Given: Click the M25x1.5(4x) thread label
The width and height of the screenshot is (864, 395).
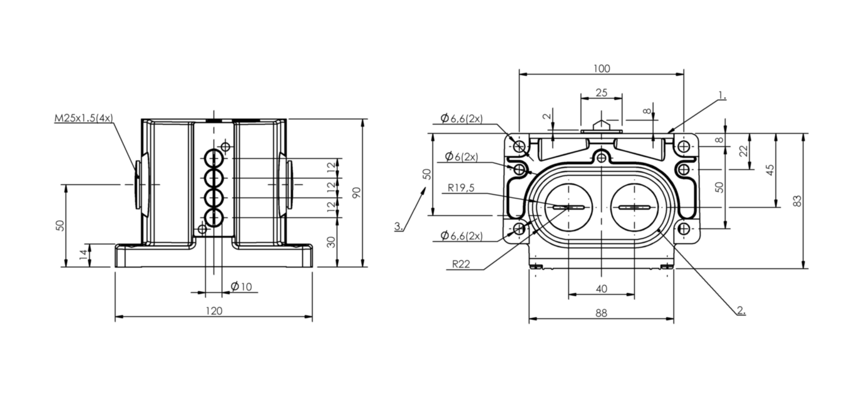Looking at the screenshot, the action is click(84, 118).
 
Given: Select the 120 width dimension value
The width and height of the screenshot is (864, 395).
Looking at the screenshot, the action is click(213, 311).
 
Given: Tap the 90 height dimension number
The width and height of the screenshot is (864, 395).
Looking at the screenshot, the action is click(356, 193).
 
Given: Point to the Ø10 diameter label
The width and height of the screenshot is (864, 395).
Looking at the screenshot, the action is click(241, 287).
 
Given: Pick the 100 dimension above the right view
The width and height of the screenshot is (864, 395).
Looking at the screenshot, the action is click(601, 69).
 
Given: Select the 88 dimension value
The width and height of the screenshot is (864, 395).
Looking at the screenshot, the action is click(601, 313).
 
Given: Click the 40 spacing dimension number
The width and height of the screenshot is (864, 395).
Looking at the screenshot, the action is click(601, 289).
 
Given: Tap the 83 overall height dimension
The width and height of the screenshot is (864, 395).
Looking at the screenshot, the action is click(797, 201).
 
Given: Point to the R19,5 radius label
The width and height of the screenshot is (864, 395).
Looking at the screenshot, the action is click(461, 188).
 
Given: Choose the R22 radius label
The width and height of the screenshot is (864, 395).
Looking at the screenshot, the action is click(461, 264).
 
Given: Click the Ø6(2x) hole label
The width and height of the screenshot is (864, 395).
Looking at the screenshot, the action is click(461, 156).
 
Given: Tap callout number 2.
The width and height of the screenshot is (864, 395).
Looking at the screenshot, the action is click(741, 310).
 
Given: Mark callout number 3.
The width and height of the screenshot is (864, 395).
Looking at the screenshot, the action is click(398, 226).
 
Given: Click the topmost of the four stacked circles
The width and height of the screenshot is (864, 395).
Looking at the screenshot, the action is click(213, 158).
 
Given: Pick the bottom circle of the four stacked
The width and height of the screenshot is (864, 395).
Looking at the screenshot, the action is click(213, 218).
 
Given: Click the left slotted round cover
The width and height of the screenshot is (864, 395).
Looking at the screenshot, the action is click(568, 208).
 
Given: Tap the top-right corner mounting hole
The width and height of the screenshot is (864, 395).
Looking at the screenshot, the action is click(684, 146).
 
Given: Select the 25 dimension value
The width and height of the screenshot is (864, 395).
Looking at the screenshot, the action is click(601, 93).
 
